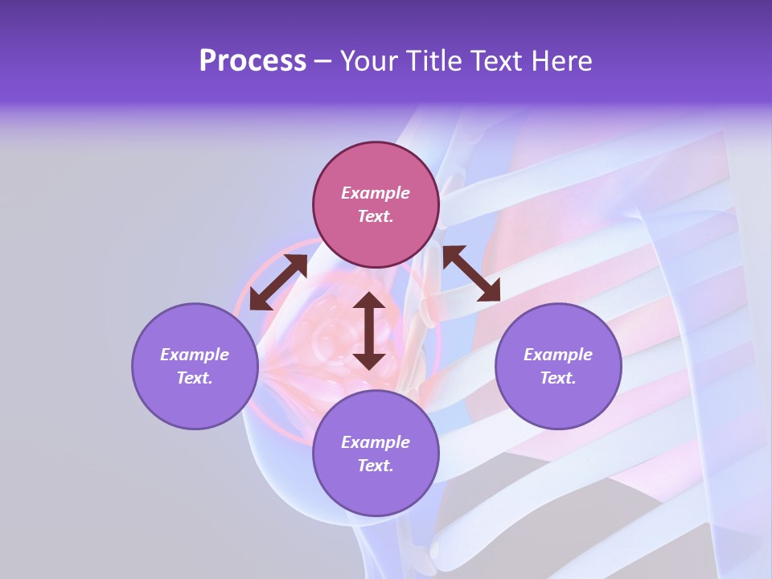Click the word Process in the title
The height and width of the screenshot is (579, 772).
[x=253, y=61]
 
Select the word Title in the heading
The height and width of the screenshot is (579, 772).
[x=436, y=61]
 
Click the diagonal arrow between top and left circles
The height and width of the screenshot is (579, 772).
[x=278, y=282]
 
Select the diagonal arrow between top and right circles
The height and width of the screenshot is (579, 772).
[x=472, y=273]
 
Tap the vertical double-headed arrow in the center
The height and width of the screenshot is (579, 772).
[x=369, y=331]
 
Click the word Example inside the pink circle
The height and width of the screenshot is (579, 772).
[x=376, y=193]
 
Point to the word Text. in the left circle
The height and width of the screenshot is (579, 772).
[x=195, y=378]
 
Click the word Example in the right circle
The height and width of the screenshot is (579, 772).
[x=558, y=355]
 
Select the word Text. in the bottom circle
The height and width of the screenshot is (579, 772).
[x=376, y=466]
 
